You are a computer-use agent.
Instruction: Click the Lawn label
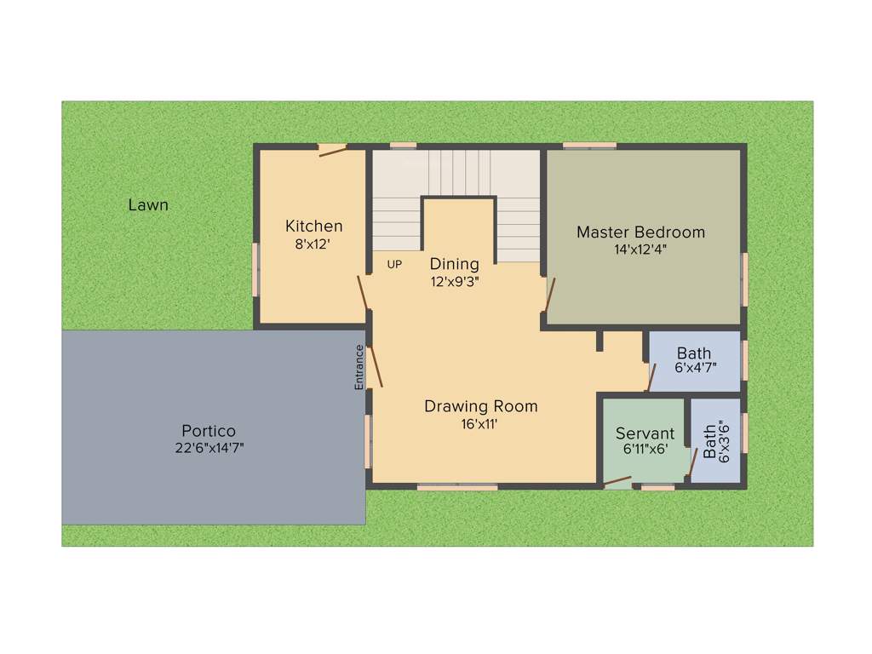[148, 205]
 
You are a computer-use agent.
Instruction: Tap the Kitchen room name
[313, 226]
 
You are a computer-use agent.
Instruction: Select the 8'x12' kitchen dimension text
[313, 244]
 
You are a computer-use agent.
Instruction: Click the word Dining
[454, 264]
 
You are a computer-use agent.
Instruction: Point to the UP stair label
[394, 265]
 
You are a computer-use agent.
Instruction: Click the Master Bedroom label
[640, 232]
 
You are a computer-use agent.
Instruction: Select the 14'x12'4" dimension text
[640, 250]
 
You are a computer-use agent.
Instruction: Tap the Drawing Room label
[481, 406]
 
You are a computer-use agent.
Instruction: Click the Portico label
[209, 431]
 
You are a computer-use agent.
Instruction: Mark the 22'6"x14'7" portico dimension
[209, 448]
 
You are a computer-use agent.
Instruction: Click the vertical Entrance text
[359, 367]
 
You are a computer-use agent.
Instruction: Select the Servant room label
[645, 433]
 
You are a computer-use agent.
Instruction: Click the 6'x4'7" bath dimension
[694, 368]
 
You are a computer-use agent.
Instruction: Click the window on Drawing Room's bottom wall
[457, 487]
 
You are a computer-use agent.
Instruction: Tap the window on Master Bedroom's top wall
[589, 146]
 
